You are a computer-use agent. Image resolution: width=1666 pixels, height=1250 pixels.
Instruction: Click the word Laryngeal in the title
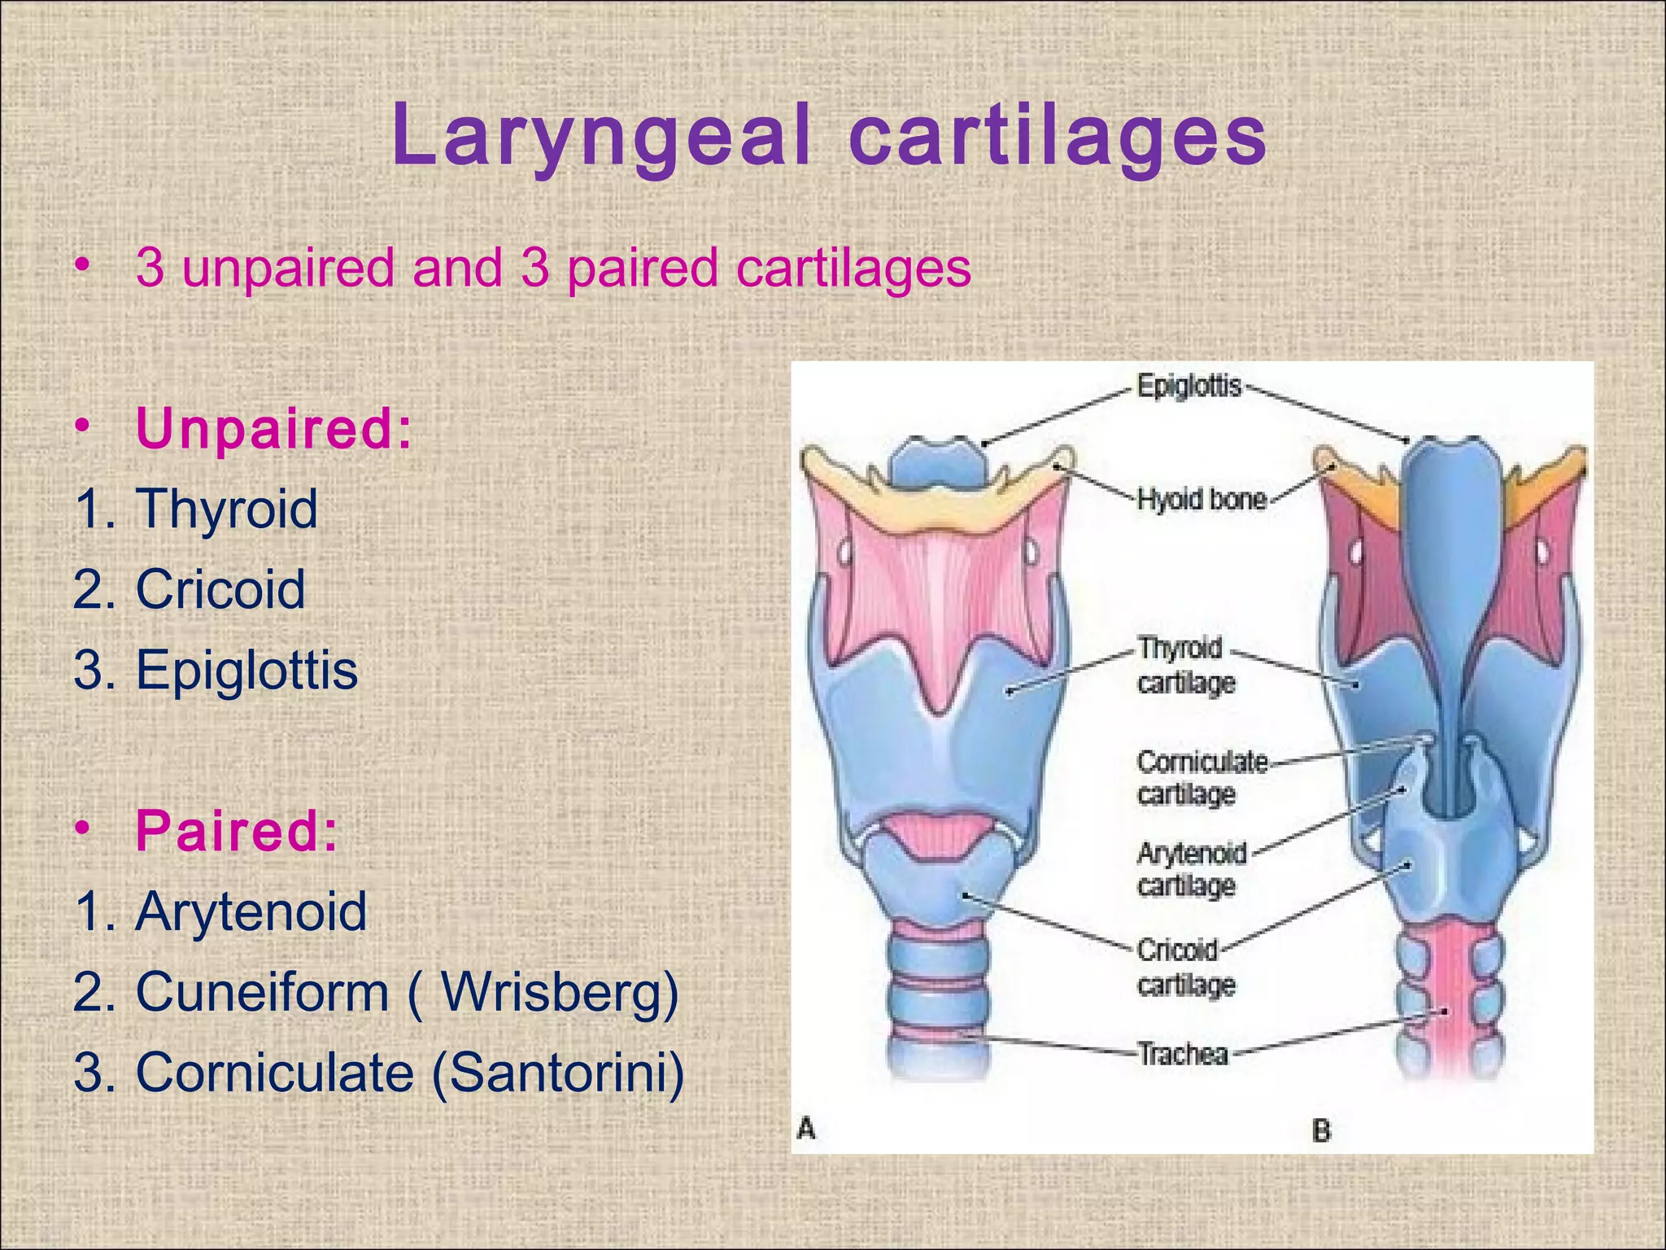(602, 136)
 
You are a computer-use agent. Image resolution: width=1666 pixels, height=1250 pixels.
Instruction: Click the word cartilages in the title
(1058, 136)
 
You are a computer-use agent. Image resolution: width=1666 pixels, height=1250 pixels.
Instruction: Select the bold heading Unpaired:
(274, 429)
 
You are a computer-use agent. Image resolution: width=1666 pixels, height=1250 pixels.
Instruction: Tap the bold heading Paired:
(236, 832)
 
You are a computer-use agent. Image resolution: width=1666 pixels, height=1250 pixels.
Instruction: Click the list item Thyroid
(226, 509)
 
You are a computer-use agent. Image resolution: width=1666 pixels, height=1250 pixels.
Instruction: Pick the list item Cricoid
(220, 589)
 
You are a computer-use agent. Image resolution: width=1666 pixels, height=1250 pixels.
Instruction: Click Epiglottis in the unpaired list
(246, 670)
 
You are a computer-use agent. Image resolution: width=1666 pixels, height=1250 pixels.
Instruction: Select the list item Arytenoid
(251, 911)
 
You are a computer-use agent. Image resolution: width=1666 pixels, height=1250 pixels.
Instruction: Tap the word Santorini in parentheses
(558, 1073)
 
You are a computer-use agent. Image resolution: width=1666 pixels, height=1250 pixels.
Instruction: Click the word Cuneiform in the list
(262, 992)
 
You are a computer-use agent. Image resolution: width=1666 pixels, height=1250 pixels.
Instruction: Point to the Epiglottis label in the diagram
(1188, 386)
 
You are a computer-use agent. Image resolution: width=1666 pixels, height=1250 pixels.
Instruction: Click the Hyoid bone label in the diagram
(1201, 499)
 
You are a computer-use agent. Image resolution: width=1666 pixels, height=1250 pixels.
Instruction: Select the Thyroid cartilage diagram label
(1184, 666)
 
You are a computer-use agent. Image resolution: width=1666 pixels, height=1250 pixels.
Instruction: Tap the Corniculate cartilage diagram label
(1201, 777)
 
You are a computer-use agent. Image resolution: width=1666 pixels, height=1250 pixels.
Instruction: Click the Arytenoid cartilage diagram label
(1191, 869)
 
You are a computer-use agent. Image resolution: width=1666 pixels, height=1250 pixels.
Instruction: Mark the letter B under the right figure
(1321, 1130)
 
